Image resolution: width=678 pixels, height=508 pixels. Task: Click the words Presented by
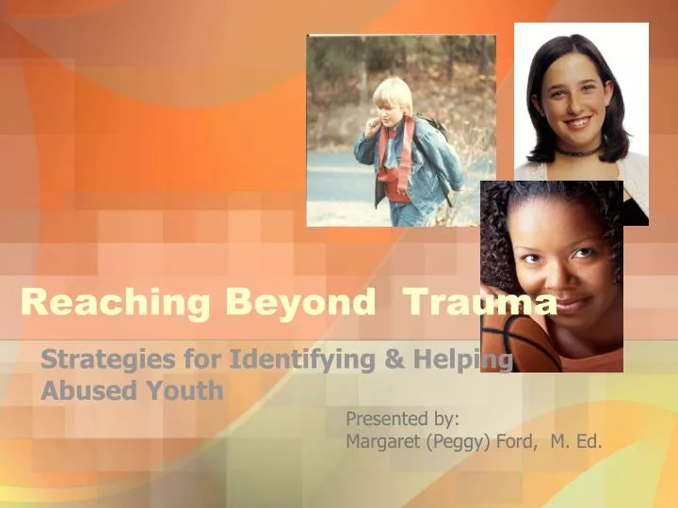402,418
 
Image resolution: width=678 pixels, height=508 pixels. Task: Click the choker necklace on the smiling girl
576,151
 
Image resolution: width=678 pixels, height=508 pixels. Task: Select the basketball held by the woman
513,343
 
